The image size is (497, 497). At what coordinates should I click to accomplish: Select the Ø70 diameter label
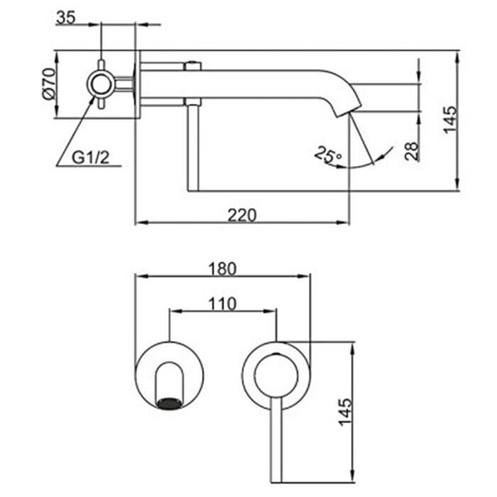click(48, 84)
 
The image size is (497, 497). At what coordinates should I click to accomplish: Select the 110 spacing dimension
click(222, 303)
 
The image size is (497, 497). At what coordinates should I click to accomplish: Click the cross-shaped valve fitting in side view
click(102, 84)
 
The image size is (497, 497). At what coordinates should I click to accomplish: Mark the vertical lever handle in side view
click(190, 149)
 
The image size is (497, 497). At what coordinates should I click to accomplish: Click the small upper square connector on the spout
click(190, 67)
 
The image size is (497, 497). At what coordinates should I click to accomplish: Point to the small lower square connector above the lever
click(190, 102)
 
